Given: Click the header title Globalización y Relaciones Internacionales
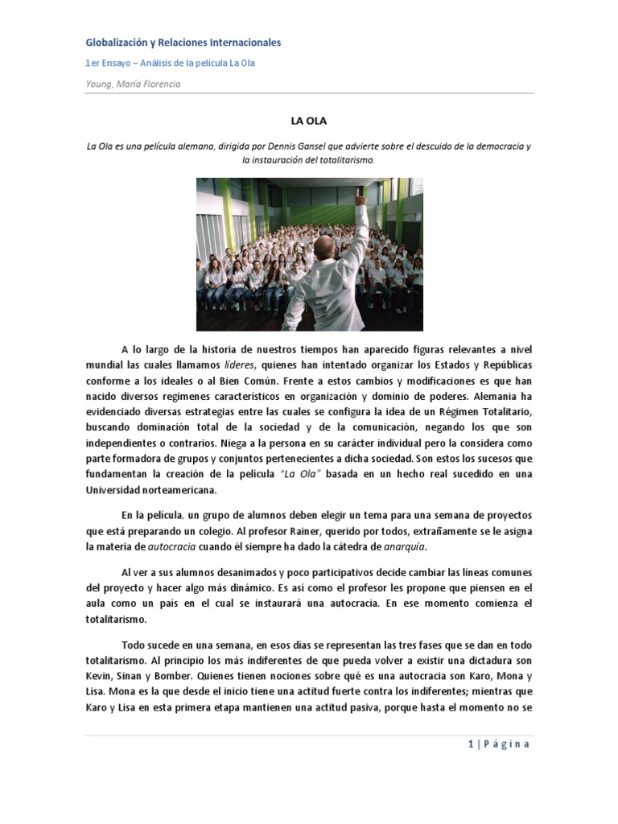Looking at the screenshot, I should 183,43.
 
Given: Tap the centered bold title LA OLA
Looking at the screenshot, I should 308,122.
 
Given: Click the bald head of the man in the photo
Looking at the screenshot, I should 328,248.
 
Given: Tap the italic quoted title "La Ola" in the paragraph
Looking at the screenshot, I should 301,474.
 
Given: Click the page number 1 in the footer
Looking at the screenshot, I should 470,744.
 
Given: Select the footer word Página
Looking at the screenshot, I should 507,744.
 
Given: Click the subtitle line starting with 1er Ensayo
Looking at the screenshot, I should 171,63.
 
